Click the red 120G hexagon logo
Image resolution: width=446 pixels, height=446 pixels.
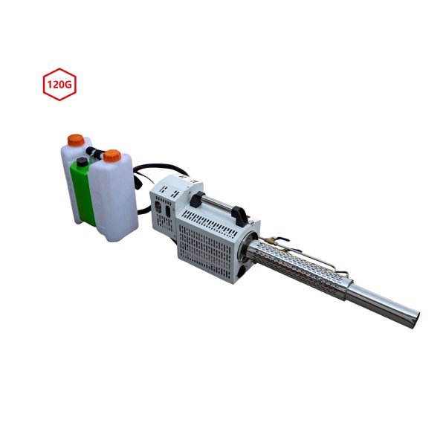coord(59,85)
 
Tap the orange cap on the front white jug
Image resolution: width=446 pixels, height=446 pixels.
coord(111,157)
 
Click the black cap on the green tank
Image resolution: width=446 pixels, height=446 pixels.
coord(81,161)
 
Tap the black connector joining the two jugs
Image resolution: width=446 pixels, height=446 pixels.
coord(94,152)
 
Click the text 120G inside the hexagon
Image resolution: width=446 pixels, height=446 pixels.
coord(59,85)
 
